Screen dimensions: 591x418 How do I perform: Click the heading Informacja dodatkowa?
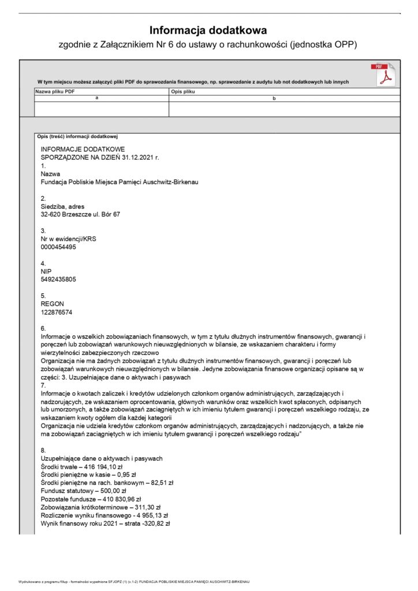click(x=208, y=30)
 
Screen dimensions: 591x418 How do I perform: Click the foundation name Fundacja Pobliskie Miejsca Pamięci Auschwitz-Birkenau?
click(x=120, y=182)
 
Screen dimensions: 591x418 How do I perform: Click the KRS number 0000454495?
click(x=58, y=247)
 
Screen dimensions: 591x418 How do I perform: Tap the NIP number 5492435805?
click(x=58, y=279)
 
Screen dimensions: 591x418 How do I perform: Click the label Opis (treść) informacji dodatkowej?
click(x=77, y=136)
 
